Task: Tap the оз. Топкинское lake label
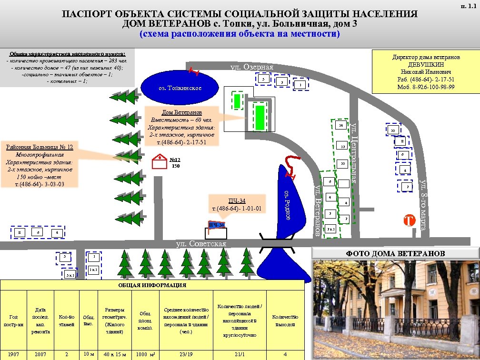tap(180, 88)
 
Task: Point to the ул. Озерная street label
tap(252, 67)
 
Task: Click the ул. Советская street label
tap(201, 244)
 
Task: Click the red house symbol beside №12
tap(159, 162)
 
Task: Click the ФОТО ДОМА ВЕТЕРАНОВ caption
tap(395, 253)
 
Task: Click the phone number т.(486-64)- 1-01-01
tap(237, 209)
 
